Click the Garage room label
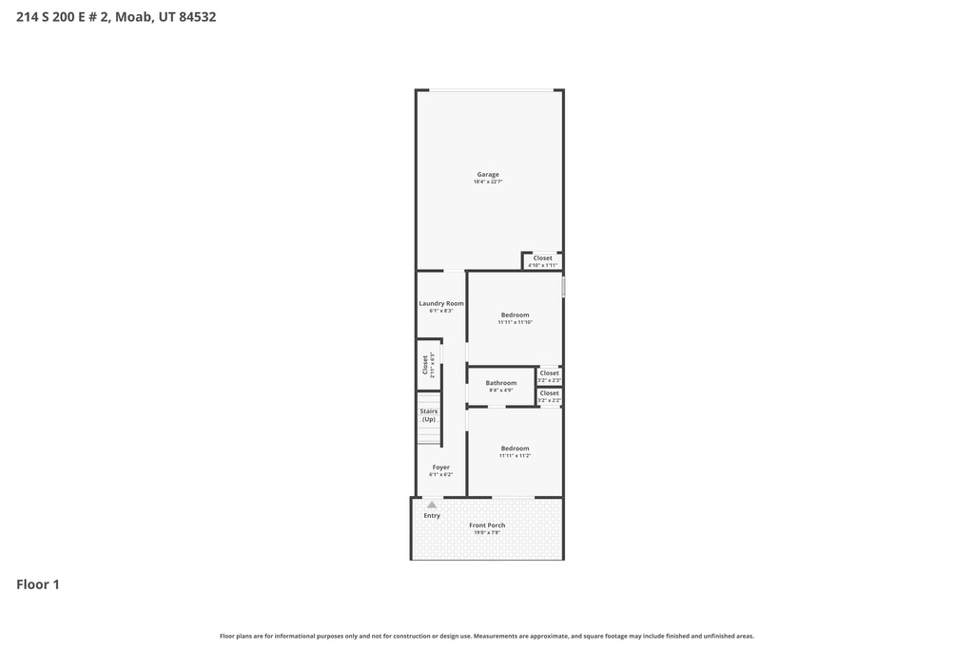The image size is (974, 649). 488,174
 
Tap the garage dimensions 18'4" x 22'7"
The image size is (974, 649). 488,181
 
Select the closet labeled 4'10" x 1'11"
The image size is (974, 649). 542,260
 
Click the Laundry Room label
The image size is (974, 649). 441,303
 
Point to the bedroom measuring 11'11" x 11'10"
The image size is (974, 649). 515,318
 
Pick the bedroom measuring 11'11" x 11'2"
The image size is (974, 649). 515,451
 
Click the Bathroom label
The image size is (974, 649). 501,383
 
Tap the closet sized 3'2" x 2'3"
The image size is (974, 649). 550,375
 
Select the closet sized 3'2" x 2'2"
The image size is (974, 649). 550,396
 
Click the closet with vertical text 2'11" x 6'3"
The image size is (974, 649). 428,365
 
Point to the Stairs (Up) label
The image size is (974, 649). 429,414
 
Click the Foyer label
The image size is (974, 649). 441,467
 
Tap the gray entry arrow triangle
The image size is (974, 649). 432,505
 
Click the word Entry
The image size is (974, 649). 432,515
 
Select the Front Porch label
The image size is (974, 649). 488,525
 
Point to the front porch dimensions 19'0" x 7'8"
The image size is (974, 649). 488,532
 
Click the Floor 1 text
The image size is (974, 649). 38,584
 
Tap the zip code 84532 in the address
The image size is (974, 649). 197,16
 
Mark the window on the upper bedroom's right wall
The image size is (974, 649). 563,287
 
